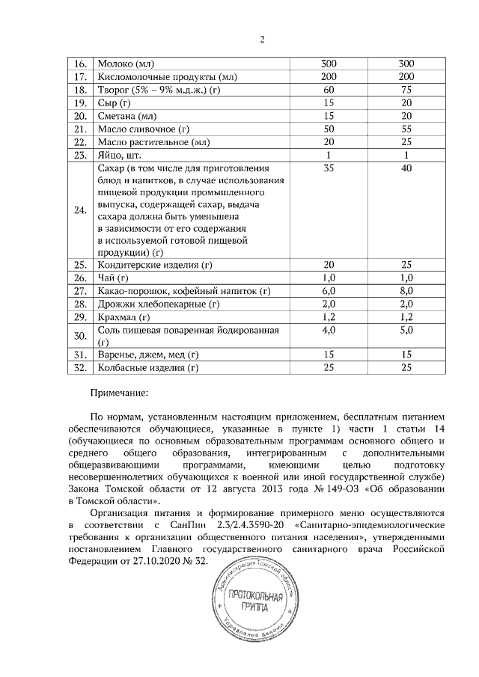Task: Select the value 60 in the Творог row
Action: (328, 90)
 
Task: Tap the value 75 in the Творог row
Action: (406, 90)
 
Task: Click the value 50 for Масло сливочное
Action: (328, 129)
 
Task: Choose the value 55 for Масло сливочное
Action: (406, 129)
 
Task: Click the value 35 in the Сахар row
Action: (328, 168)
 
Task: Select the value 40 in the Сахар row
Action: (406, 168)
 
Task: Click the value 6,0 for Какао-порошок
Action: (328, 290)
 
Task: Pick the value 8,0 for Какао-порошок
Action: (406, 290)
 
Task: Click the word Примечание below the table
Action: (120, 392)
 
